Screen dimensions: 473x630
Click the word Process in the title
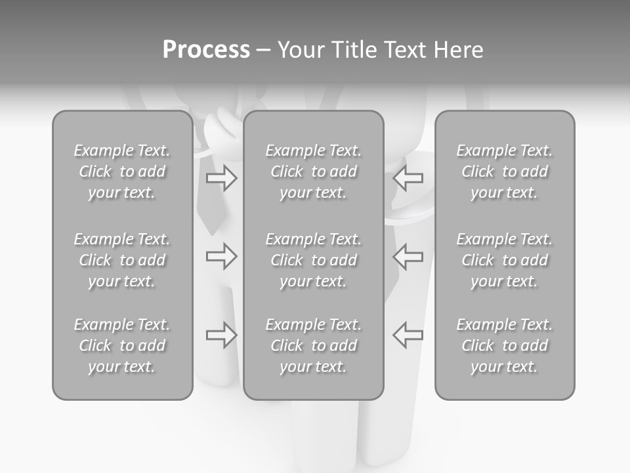click(206, 50)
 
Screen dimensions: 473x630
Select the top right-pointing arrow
click(221, 178)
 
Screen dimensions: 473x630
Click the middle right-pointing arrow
click(221, 256)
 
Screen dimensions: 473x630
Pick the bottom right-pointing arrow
click(221, 335)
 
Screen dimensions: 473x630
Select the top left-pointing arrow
click(408, 178)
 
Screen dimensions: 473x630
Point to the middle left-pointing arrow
click(408, 256)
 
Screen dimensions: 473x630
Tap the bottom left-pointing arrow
click(408, 335)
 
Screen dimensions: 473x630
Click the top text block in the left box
click(122, 171)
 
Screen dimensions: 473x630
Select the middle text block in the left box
click(122, 260)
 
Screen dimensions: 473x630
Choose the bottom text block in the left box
click(122, 346)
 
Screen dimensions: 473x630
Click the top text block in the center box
click(313, 171)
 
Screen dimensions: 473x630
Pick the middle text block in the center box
click(313, 260)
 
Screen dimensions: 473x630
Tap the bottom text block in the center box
click(313, 346)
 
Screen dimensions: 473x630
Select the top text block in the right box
click(504, 171)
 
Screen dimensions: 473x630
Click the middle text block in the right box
click(504, 260)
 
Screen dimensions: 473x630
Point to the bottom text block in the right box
click(504, 346)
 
